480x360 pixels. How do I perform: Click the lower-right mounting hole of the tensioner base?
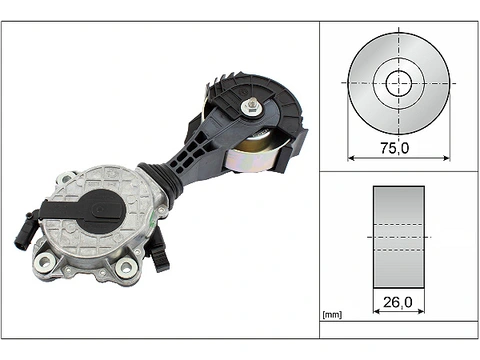click(x=126, y=267)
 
